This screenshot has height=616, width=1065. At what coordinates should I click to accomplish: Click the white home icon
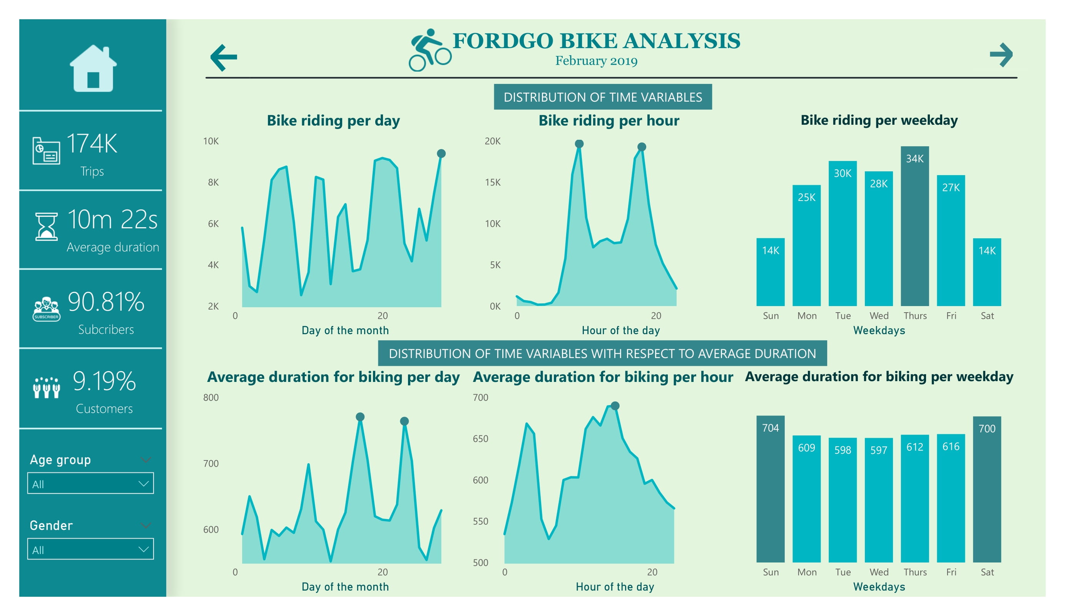pyautogui.click(x=93, y=69)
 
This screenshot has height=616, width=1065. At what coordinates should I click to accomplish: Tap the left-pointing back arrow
pyautogui.click(x=224, y=57)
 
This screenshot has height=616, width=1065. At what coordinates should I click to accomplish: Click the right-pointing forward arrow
pyautogui.click(x=1001, y=55)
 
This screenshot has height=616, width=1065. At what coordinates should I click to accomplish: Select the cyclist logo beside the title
pyautogui.click(x=430, y=50)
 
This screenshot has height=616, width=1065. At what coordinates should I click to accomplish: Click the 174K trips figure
pyautogui.click(x=92, y=144)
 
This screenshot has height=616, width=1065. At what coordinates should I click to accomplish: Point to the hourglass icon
pyautogui.click(x=46, y=227)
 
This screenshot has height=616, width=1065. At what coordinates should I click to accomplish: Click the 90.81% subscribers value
pyautogui.click(x=106, y=302)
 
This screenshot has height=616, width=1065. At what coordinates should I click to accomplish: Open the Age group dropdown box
pyautogui.click(x=90, y=483)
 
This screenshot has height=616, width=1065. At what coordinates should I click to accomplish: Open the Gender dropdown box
pyautogui.click(x=90, y=549)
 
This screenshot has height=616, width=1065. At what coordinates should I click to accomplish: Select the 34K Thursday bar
pyautogui.click(x=915, y=226)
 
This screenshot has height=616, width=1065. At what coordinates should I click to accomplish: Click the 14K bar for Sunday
pyautogui.click(x=770, y=272)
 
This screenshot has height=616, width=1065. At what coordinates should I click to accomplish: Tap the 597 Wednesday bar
pyautogui.click(x=878, y=500)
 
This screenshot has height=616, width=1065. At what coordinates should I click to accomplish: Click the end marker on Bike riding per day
pyautogui.click(x=441, y=154)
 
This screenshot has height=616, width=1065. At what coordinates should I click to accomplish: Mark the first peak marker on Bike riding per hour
pyautogui.click(x=579, y=144)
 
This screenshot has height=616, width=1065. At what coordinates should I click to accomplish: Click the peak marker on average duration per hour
pyautogui.click(x=615, y=406)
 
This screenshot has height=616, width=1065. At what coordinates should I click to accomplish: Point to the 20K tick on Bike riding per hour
pyautogui.click(x=492, y=141)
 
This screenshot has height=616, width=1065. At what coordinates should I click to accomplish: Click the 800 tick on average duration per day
pyautogui.click(x=211, y=397)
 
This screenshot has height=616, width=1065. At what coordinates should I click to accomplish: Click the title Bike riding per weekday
pyautogui.click(x=879, y=120)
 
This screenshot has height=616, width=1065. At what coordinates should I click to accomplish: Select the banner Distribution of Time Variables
pyautogui.click(x=602, y=97)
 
